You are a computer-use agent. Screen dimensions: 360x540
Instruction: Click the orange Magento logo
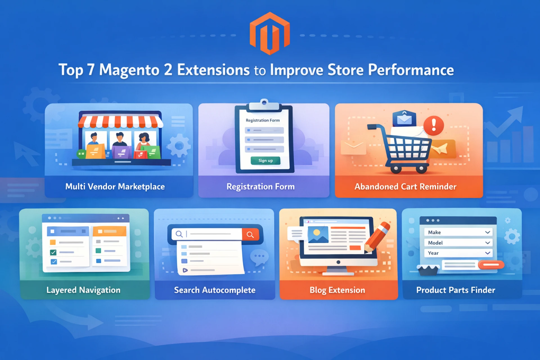(x=269, y=33)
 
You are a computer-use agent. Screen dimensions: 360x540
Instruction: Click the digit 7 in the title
(x=91, y=70)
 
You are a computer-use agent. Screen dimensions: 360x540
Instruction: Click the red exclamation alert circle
(x=433, y=125)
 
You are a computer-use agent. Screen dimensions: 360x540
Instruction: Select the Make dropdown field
(x=458, y=232)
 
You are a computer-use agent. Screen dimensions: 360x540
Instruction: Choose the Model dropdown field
(x=458, y=243)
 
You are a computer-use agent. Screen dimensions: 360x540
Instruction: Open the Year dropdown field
(x=458, y=253)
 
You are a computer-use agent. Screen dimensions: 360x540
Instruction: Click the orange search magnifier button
(x=250, y=234)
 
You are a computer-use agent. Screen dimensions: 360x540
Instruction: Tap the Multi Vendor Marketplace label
(x=115, y=186)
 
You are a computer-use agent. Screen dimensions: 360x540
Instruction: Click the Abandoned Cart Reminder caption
(x=405, y=186)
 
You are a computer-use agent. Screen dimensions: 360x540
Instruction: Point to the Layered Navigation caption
(x=83, y=290)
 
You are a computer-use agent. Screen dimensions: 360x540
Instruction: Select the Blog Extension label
(x=337, y=290)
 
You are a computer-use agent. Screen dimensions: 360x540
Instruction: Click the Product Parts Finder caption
(x=456, y=290)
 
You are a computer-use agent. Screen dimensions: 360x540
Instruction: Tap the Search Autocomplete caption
(x=215, y=290)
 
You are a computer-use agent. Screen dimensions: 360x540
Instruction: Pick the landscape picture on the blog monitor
(x=318, y=235)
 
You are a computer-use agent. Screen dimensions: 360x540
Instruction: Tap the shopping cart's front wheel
(x=421, y=169)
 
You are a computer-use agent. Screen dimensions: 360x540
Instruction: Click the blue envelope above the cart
(x=404, y=118)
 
